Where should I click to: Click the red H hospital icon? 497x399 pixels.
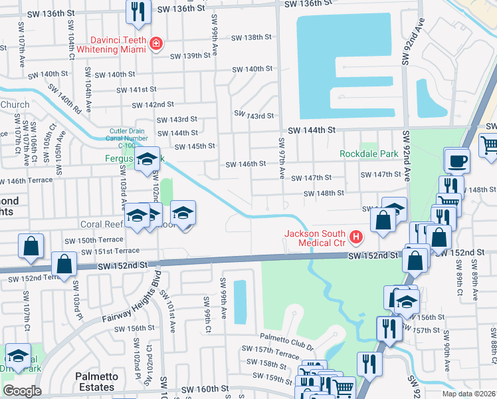click(x=357, y=236)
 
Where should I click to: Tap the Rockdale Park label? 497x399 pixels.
click(x=367, y=154)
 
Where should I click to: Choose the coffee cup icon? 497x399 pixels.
click(x=456, y=161)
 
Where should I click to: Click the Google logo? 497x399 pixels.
click(x=22, y=391)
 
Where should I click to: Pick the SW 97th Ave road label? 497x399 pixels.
click(x=282, y=158)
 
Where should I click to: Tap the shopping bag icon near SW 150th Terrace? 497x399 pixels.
click(x=31, y=245)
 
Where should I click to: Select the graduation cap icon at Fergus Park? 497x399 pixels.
click(x=147, y=159)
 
